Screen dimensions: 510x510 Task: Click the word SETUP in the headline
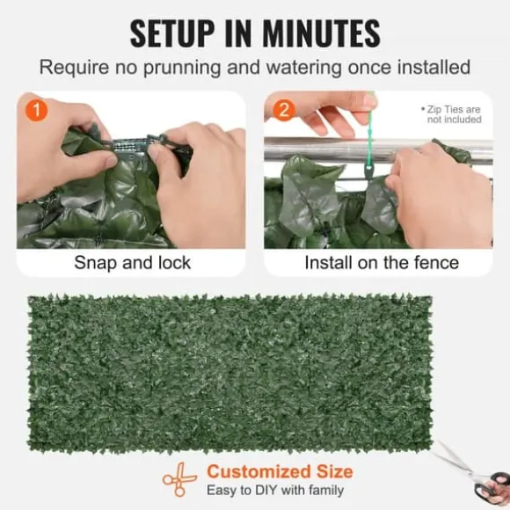[172, 33]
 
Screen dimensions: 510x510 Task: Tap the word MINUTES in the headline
[321, 33]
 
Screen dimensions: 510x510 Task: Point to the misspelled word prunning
[182, 68]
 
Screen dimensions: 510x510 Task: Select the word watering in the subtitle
[303, 68]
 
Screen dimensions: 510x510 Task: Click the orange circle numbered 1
[36, 110]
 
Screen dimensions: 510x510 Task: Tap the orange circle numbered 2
[284, 110]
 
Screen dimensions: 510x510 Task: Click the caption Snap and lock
[133, 263]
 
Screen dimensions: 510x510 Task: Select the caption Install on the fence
[382, 263]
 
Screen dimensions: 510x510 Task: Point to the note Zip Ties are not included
[451, 114]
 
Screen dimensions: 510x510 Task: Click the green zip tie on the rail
[369, 136]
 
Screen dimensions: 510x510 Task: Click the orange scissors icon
[179, 479]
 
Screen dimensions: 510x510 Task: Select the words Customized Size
[280, 471]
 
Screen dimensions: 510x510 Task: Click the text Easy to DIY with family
[275, 490]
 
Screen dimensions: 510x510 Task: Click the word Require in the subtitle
[74, 68]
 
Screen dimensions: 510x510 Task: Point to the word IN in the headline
[238, 33]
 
